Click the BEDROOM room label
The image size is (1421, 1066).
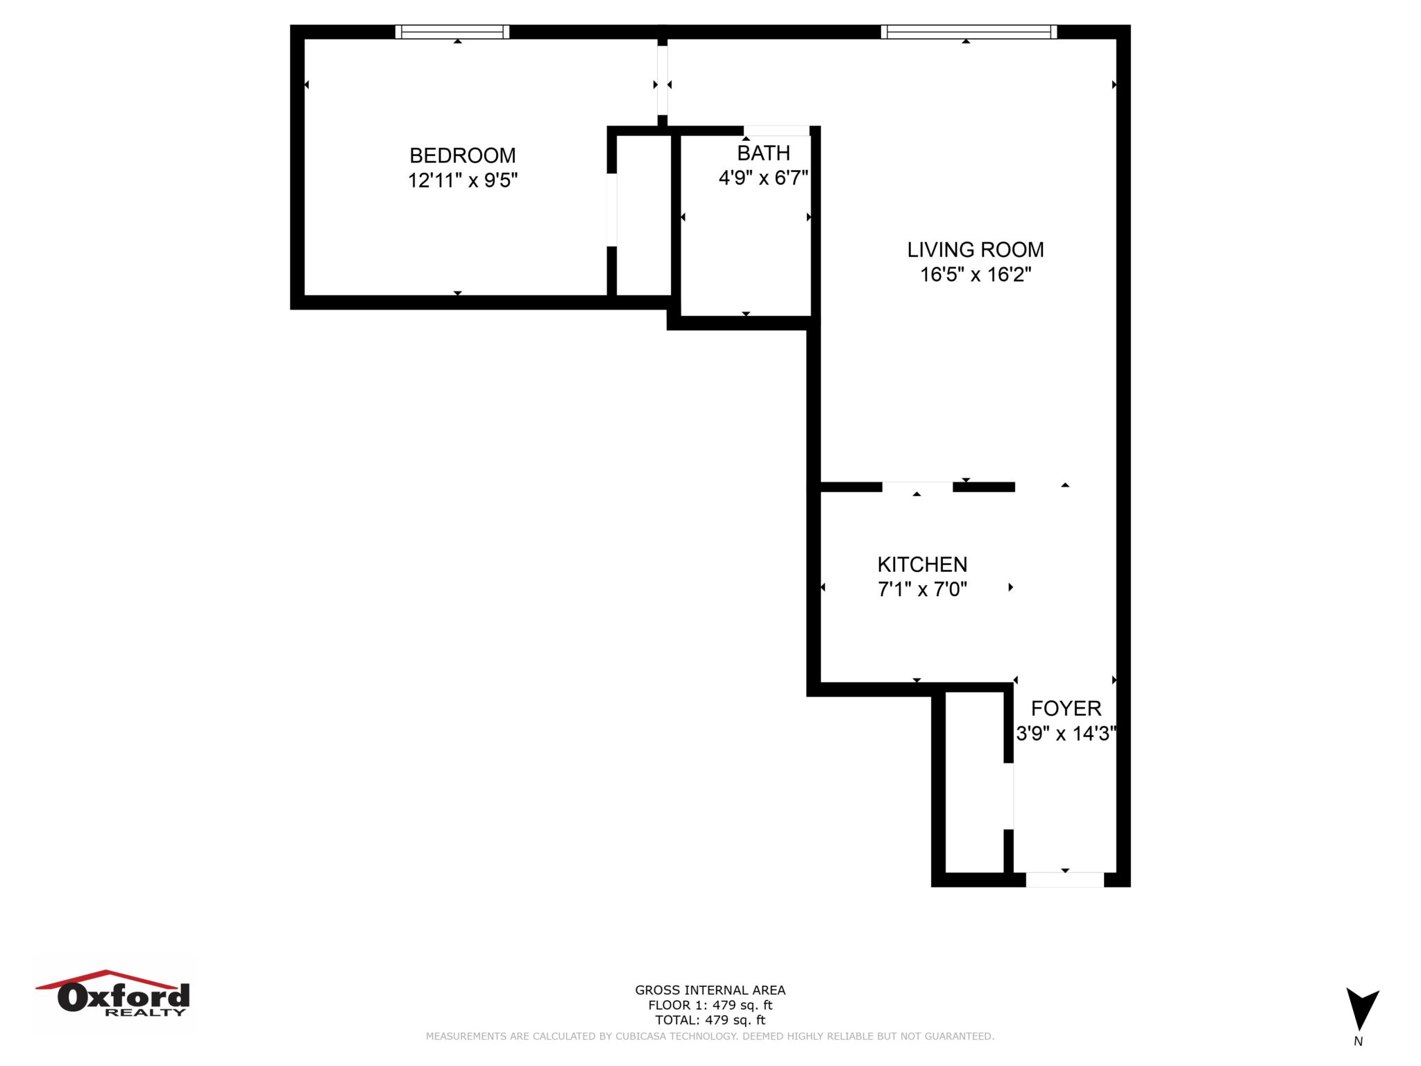(x=462, y=155)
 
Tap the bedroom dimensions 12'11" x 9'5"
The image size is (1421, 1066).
(x=462, y=180)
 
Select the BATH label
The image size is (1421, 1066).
(x=763, y=153)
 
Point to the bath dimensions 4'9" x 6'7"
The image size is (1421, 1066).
(x=763, y=178)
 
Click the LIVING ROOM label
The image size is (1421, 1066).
(x=975, y=250)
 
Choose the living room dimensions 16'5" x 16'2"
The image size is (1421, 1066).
(x=975, y=275)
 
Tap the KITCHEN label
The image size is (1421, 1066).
(x=922, y=564)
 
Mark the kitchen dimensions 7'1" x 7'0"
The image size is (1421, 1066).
(x=922, y=589)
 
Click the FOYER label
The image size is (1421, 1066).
(x=1066, y=709)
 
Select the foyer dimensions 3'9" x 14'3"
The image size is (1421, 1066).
(x=1066, y=734)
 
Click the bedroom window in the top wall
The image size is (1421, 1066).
(x=452, y=32)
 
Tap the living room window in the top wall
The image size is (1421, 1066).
(x=969, y=32)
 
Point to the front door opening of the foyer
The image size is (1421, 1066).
(x=1064, y=879)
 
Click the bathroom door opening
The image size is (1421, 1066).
(x=776, y=130)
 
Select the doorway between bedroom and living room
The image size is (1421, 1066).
(x=663, y=81)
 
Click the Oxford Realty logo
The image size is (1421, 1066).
(x=114, y=995)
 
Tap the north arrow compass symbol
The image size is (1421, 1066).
(x=1361, y=1010)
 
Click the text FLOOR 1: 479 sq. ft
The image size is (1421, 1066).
(x=710, y=1005)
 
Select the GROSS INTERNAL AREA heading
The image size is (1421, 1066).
(x=710, y=990)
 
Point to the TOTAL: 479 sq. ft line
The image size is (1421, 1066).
(x=710, y=1020)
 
